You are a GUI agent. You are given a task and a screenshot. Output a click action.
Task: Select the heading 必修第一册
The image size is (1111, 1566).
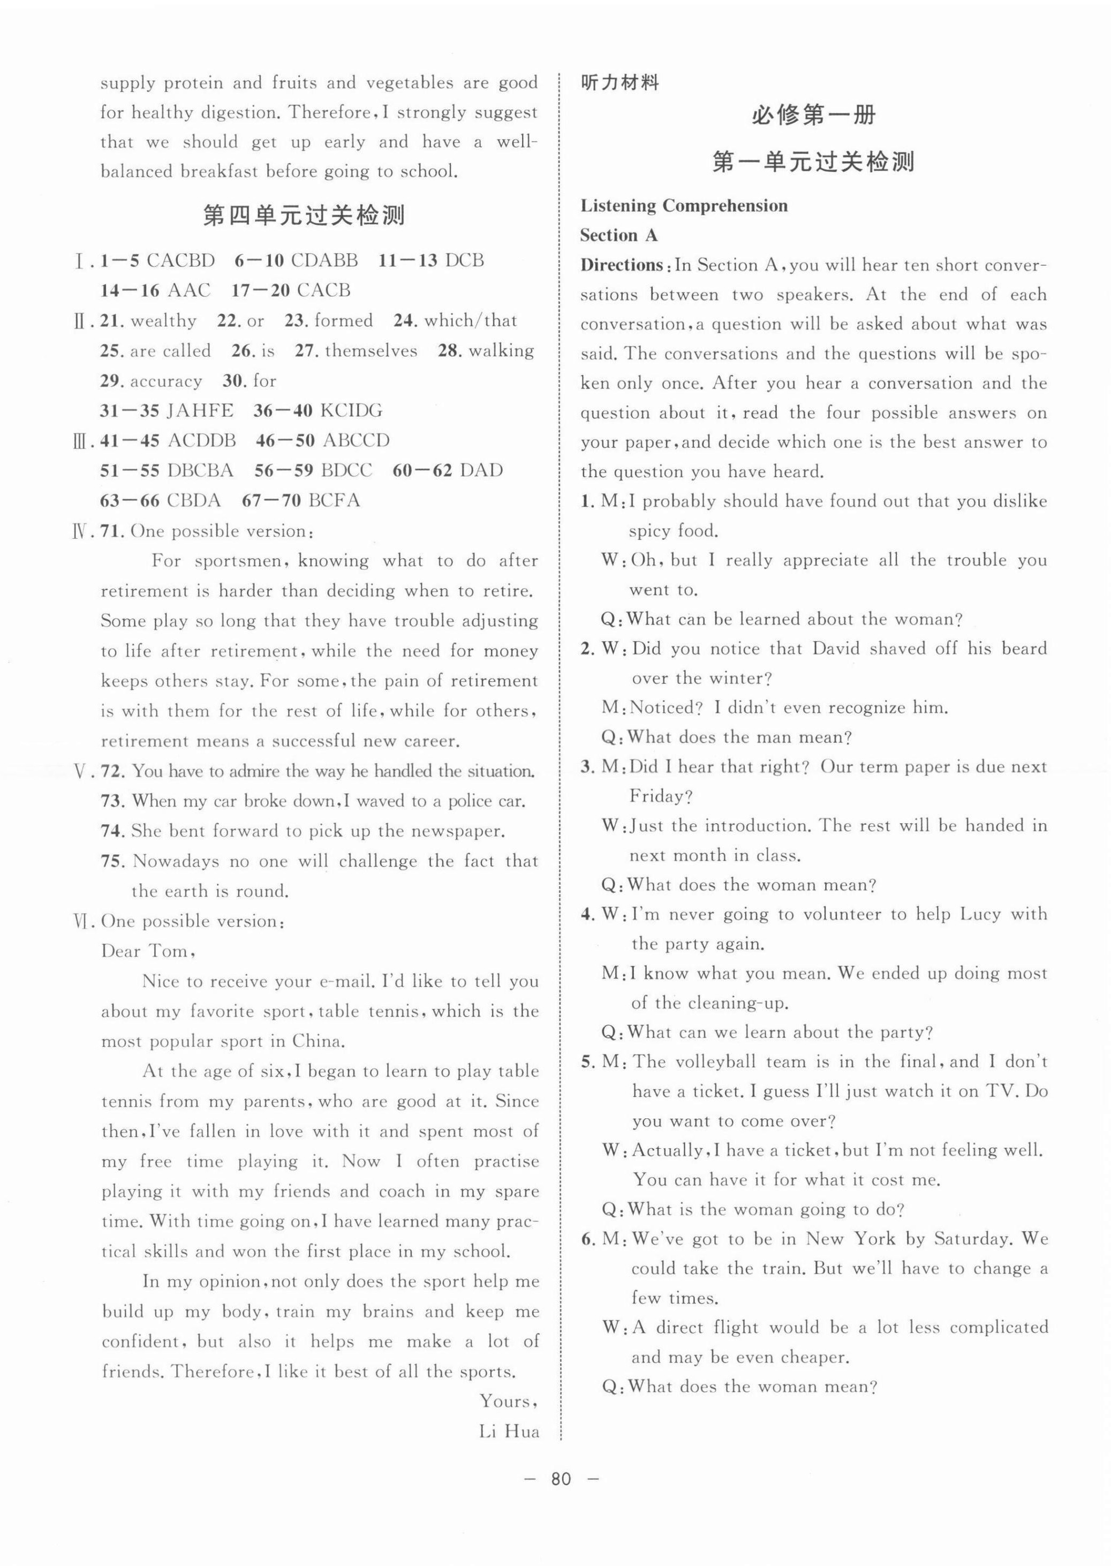coord(813,115)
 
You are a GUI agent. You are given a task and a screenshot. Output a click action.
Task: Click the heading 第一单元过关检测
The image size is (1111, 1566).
coord(813,162)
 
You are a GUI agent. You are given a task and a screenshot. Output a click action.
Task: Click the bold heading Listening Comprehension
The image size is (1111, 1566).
coord(683,206)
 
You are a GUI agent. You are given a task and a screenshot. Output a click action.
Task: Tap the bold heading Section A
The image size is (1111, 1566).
coord(618,235)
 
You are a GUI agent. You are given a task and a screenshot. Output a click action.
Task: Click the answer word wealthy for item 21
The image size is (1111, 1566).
coord(163,321)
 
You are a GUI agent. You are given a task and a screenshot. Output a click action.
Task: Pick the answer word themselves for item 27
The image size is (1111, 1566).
coord(371,351)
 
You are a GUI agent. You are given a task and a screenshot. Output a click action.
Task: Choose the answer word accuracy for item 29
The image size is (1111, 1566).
coord(166,381)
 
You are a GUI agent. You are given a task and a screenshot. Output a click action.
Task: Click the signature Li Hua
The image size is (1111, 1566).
coord(509,1432)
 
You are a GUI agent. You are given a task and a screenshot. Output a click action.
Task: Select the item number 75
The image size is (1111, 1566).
coord(111,861)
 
